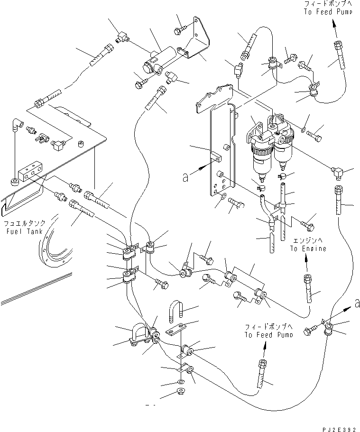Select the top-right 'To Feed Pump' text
328,12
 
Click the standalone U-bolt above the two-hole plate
173,314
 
